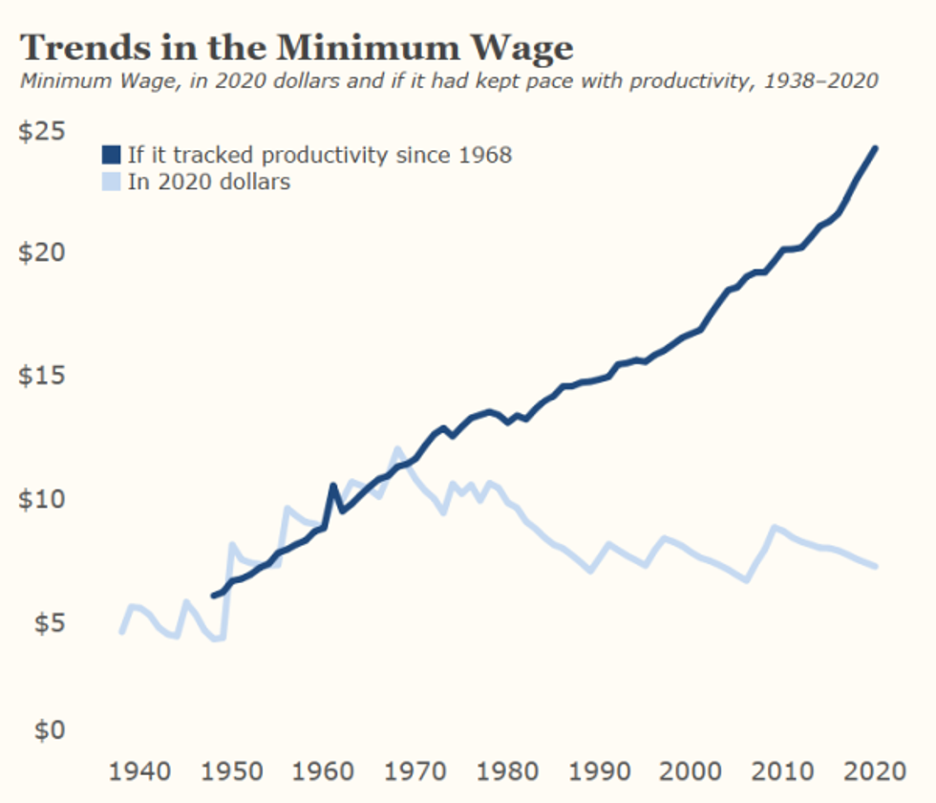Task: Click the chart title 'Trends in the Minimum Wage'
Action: point(296,46)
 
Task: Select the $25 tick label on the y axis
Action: point(42,131)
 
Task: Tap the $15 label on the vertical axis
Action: point(42,375)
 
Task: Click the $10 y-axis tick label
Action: point(42,498)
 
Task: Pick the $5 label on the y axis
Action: point(48,621)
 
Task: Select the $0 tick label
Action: point(48,731)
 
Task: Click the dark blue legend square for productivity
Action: point(111,155)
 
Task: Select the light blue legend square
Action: point(111,181)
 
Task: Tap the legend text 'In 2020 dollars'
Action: point(208,181)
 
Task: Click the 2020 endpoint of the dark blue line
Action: point(876,148)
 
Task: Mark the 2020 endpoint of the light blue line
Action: point(876,567)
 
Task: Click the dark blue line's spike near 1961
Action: point(333,486)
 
